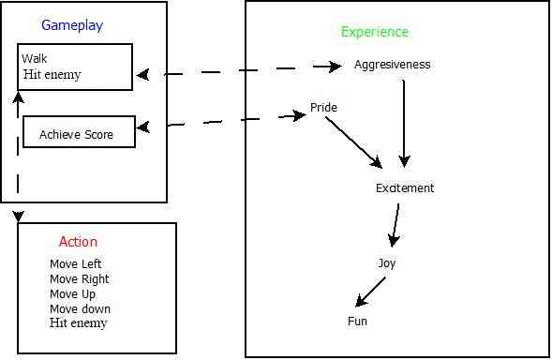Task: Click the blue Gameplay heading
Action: tap(71, 25)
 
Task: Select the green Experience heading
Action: tap(374, 32)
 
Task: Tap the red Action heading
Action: tap(78, 242)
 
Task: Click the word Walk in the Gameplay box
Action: tap(35, 59)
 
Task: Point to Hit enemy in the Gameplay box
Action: tap(52, 74)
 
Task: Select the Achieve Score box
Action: tap(79, 132)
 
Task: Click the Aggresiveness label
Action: tap(392, 65)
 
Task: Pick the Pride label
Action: tap(323, 108)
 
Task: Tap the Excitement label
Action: tap(405, 187)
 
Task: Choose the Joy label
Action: tap(387, 263)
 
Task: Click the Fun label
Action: tap(357, 322)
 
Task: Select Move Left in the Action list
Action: tap(75, 264)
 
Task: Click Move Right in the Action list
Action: tap(79, 279)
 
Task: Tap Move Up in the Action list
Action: tap(72, 294)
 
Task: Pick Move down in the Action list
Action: tap(80, 309)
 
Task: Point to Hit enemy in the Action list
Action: tap(78, 323)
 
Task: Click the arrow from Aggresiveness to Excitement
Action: tap(404, 122)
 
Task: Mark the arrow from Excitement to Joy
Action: tap(395, 225)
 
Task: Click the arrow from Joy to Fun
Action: tap(371, 291)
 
